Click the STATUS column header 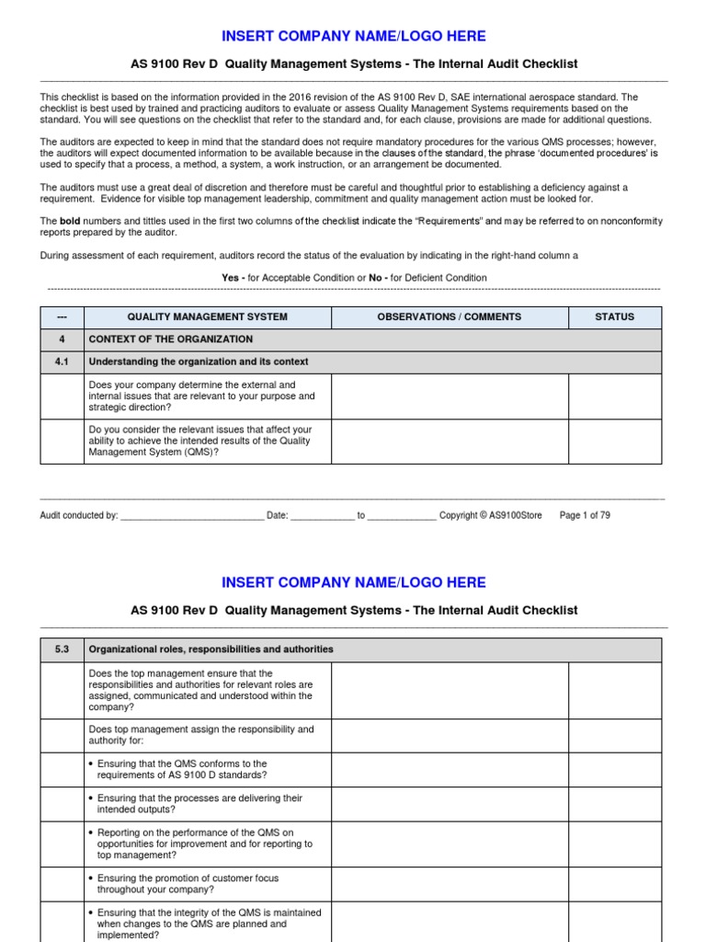tap(614, 316)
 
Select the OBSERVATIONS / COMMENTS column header tap(449, 316)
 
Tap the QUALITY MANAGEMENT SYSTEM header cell tap(207, 316)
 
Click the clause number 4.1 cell tap(62, 362)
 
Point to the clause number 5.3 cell tap(62, 649)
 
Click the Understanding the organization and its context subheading tap(199, 362)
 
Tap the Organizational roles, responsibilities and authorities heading tap(211, 649)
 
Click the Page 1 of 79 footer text tap(585, 516)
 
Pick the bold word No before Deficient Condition tap(375, 278)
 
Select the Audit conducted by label tap(79, 516)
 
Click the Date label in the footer tap(278, 516)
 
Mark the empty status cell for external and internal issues tap(614, 396)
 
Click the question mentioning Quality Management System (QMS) tap(199, 442)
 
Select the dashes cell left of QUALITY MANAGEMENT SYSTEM tap(62, 316)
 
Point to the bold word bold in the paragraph tap(71, 221)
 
